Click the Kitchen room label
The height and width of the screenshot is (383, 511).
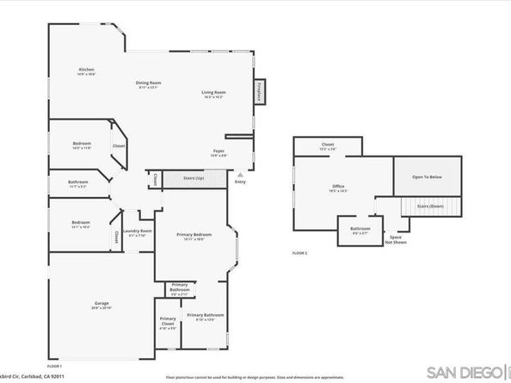[86, 70]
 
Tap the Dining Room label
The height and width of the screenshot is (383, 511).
[149, 83]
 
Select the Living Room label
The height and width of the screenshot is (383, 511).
[213, 93]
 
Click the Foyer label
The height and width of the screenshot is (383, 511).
[219, 151]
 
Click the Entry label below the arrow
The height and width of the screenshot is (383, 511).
[240, 181]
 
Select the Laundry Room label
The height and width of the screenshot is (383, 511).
[138, 232]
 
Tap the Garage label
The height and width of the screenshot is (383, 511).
[101, 304]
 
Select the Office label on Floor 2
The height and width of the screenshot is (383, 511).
[338, 187]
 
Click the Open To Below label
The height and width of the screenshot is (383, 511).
[427, 176]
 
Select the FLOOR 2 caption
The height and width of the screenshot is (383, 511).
[299, 253]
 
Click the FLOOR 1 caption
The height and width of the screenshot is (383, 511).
[53, 365]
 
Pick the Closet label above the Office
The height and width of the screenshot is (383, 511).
[328, 145]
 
